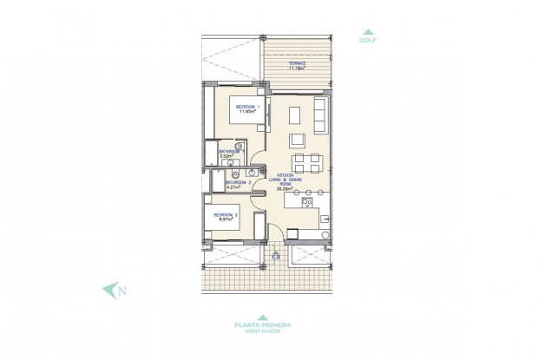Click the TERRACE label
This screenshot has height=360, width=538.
tap(298, 62)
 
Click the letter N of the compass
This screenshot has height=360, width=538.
tap(122, 291)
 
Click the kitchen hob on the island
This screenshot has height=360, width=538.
tap(307, 205)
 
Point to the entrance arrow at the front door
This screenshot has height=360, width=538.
tap(275, 256)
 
